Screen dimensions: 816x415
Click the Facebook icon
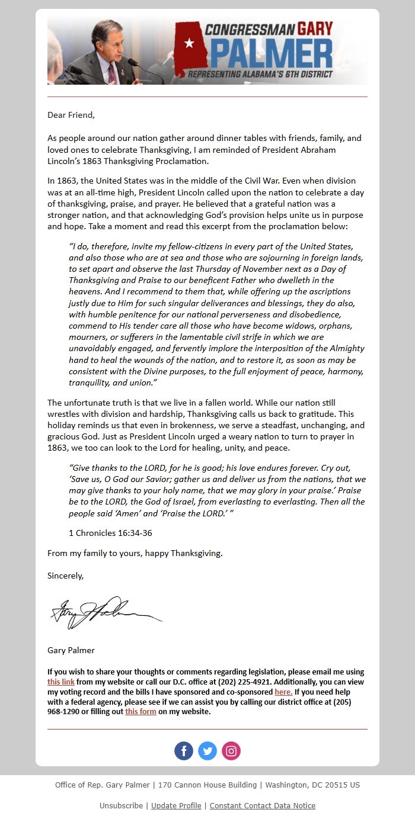point(184,751)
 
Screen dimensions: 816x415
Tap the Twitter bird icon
point(207,751)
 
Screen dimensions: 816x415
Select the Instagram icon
point(231,751)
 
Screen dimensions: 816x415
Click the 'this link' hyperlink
point(61,682)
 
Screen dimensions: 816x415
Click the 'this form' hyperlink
point(141,712)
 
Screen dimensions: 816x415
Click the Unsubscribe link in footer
point(121,806)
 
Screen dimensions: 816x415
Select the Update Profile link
point(176,806)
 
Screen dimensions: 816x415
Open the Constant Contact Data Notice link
point(262,806)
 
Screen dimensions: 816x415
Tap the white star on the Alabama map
point(189,43)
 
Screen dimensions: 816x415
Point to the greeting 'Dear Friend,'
point(71,115)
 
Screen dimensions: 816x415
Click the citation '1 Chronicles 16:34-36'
point(110,533)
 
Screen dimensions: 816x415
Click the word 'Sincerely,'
point(66,576)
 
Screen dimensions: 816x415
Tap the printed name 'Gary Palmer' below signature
point(71,650)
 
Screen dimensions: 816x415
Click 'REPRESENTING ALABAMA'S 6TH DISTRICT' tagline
point(260,75)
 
